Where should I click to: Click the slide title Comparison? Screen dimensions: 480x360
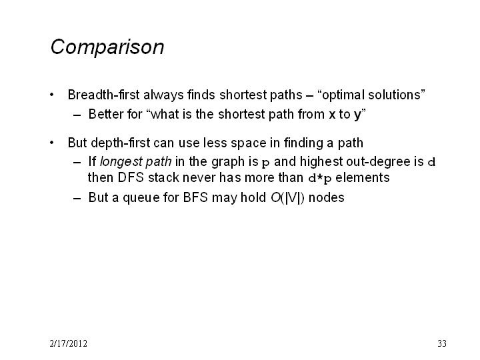[x=107, y=47]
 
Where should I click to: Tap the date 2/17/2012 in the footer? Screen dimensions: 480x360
[x=68, y=343]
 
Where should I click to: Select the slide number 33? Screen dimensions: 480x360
[x=442, y=343]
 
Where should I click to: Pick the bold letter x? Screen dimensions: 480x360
[x=332, y=115]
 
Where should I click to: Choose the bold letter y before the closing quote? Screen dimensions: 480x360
[x=357, y=116]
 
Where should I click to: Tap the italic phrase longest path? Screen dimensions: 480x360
[x=135, y=162]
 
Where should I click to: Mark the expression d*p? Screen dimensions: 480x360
[x=320, y=178]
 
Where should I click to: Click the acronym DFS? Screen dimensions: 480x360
[x=131, y=177]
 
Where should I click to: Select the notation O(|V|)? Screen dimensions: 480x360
[x=287, y=198]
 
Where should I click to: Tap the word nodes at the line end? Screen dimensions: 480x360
[x=326, y=198]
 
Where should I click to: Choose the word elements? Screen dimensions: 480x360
[x=363, y=177]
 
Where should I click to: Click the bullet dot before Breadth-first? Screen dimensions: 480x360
[x=52, y=95]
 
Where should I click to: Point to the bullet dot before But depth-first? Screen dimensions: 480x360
[x=52, y=143]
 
